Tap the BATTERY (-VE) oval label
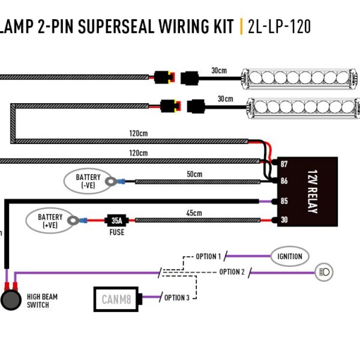click(88, 181)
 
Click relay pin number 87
click(284, 164)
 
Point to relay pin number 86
click(284, 180)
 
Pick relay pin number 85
click(284, 201)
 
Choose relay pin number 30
click(284, 220)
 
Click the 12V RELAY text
click(312, 191)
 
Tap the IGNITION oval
click(290, 256)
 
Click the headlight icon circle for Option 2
click(324, 272)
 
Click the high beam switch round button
click(10, 300)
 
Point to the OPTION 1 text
click(208, 257)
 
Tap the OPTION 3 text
click(177, 298)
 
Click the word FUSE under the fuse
click(116, 232)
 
